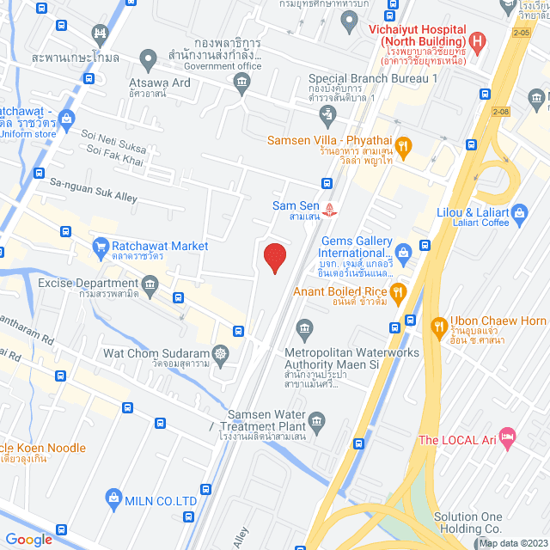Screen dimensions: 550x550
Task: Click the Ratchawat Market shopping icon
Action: [x=100, y=247]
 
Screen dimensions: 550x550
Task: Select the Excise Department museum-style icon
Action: [x=151, y=284]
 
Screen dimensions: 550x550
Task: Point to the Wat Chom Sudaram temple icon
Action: [x=222, y=353]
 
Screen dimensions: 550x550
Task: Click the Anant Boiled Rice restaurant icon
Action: [x=397, y=291]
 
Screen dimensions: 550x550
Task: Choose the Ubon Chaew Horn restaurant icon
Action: [x=437, y=325]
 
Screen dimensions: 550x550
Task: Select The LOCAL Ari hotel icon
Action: [x=507, y=440]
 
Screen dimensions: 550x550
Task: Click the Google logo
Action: [x=28, y=539]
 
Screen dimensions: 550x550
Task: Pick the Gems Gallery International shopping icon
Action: [x=402, y=253]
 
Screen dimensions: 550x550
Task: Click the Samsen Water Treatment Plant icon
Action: [x=316, y=420]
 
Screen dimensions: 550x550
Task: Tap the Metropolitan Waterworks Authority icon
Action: [x=303, y=327]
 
